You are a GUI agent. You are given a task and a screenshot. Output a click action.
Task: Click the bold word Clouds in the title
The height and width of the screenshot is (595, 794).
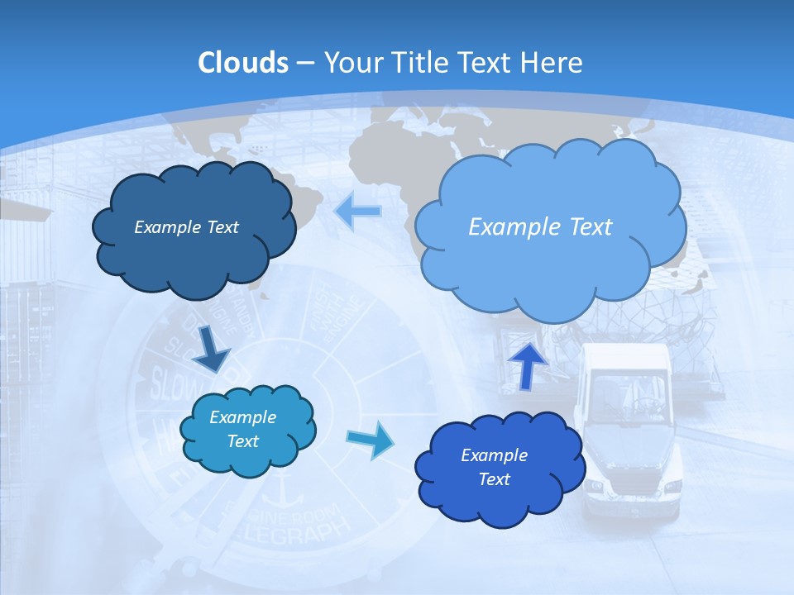pyautogui.click(x=243, y=63)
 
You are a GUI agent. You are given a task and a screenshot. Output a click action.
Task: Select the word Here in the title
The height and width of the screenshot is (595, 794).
pyautogui.click(x=551, y=63)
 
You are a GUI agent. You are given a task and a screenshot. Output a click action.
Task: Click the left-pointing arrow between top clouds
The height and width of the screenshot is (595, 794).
pyautogui.click(x=357, y=212)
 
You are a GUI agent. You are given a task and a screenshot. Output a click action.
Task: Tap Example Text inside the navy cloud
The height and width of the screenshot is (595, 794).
pyautogui.click(x=186, y=227)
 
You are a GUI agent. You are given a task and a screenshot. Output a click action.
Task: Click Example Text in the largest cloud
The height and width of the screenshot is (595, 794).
pyautogui.click(x=540, y=226)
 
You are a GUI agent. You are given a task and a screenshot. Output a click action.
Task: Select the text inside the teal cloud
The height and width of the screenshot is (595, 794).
pyautogui.click(x=243, y=430)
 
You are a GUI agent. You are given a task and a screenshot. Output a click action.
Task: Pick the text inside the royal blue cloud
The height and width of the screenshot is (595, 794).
pyautogui.click(x=494, y=467)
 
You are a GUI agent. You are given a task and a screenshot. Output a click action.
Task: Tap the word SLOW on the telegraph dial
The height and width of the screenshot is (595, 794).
pyautogui.click(x=170, y=383)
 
